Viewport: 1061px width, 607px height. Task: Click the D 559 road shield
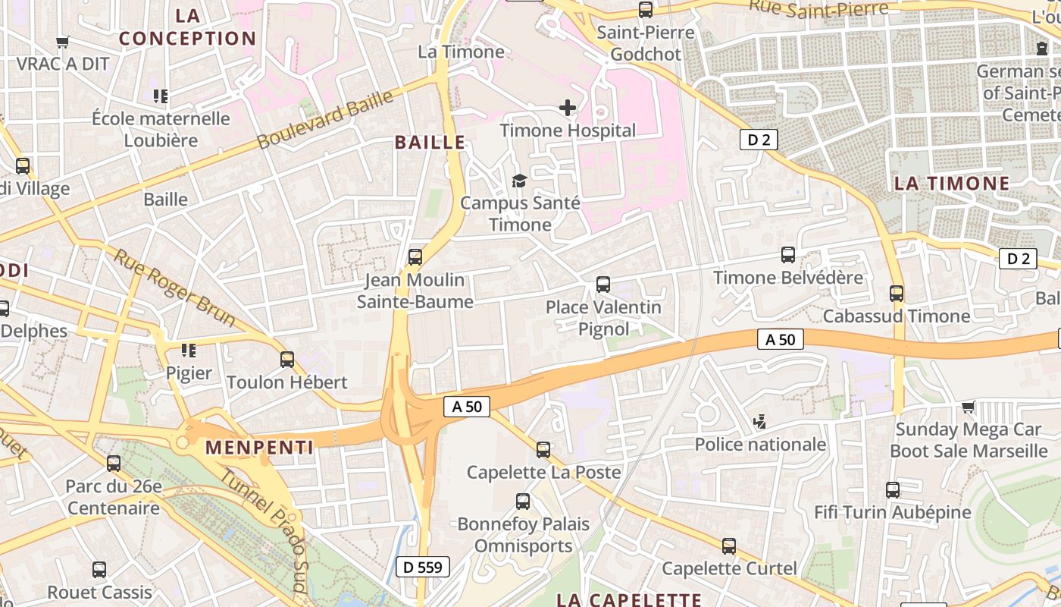pos(423,567)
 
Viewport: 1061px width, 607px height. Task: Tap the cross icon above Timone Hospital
pos(567,109)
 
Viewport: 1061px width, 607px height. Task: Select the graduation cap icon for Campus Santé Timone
pos(519,181)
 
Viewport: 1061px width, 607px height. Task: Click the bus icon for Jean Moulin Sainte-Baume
pos(415,257)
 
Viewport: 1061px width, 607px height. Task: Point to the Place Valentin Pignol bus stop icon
pos(603,285)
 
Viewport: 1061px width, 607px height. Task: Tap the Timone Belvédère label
pos(788,278)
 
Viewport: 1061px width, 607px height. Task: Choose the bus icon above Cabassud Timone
pos(897,293)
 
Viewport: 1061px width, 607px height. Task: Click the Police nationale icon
pos(759,422)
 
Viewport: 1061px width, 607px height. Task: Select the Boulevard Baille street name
pos(325,120)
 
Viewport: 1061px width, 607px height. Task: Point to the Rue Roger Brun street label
pos(174,288)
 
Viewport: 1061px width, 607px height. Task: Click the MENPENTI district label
pos(259,448)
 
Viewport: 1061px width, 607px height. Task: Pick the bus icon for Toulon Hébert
pos(287,359)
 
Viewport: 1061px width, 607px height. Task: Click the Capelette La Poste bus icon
pos(543,449)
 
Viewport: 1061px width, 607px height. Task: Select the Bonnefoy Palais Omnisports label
pos(523,535)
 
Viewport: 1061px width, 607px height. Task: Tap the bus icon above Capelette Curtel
pos(729,546)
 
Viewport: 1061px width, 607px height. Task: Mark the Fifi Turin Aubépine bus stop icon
pos(893,489)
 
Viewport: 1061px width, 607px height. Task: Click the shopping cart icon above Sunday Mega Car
pos(968,407)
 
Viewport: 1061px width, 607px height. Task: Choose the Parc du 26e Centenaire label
pos(114,497)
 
